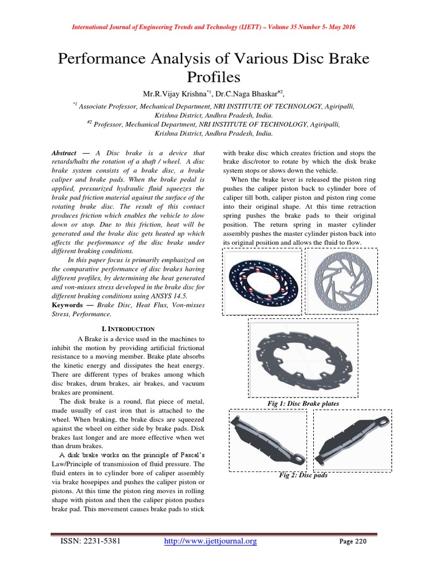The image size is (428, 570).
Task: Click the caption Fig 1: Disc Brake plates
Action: (x=303, y=402)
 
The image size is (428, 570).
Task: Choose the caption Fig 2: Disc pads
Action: (x=303, y=475)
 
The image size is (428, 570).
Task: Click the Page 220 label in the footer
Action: (x=352, y=542)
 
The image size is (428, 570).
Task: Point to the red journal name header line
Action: (x=214, y=27)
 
